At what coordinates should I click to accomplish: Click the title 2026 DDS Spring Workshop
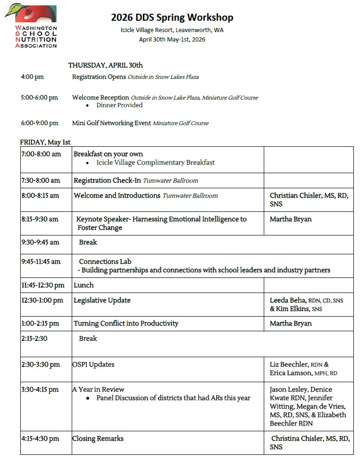click(x=172, y=18)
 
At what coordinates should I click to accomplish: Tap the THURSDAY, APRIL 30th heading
click(x=105, y=65)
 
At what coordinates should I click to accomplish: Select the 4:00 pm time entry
click(x=32, y=76)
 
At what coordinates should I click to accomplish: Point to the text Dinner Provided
click(x=119, y=105)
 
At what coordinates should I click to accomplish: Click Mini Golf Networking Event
click(x=111, y=123)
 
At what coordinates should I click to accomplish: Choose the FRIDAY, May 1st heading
click(x=45, y=142)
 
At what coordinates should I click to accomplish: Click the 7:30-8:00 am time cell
click(x=41, y=180)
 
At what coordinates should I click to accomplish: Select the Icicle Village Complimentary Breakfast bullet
click(x=155, y=162)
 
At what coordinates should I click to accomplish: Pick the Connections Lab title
click(x=105, y=261)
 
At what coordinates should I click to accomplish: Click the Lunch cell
click(x=84, y=285)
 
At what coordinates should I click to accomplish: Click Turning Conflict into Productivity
click(x=126, y=323)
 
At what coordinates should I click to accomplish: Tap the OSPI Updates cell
click(x=93, y=364)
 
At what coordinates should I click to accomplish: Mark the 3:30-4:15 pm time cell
click(x=40, y=389)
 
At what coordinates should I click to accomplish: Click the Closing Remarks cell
click(x=98, y=438)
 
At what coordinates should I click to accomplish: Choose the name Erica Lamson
click(x=287, y=373)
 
